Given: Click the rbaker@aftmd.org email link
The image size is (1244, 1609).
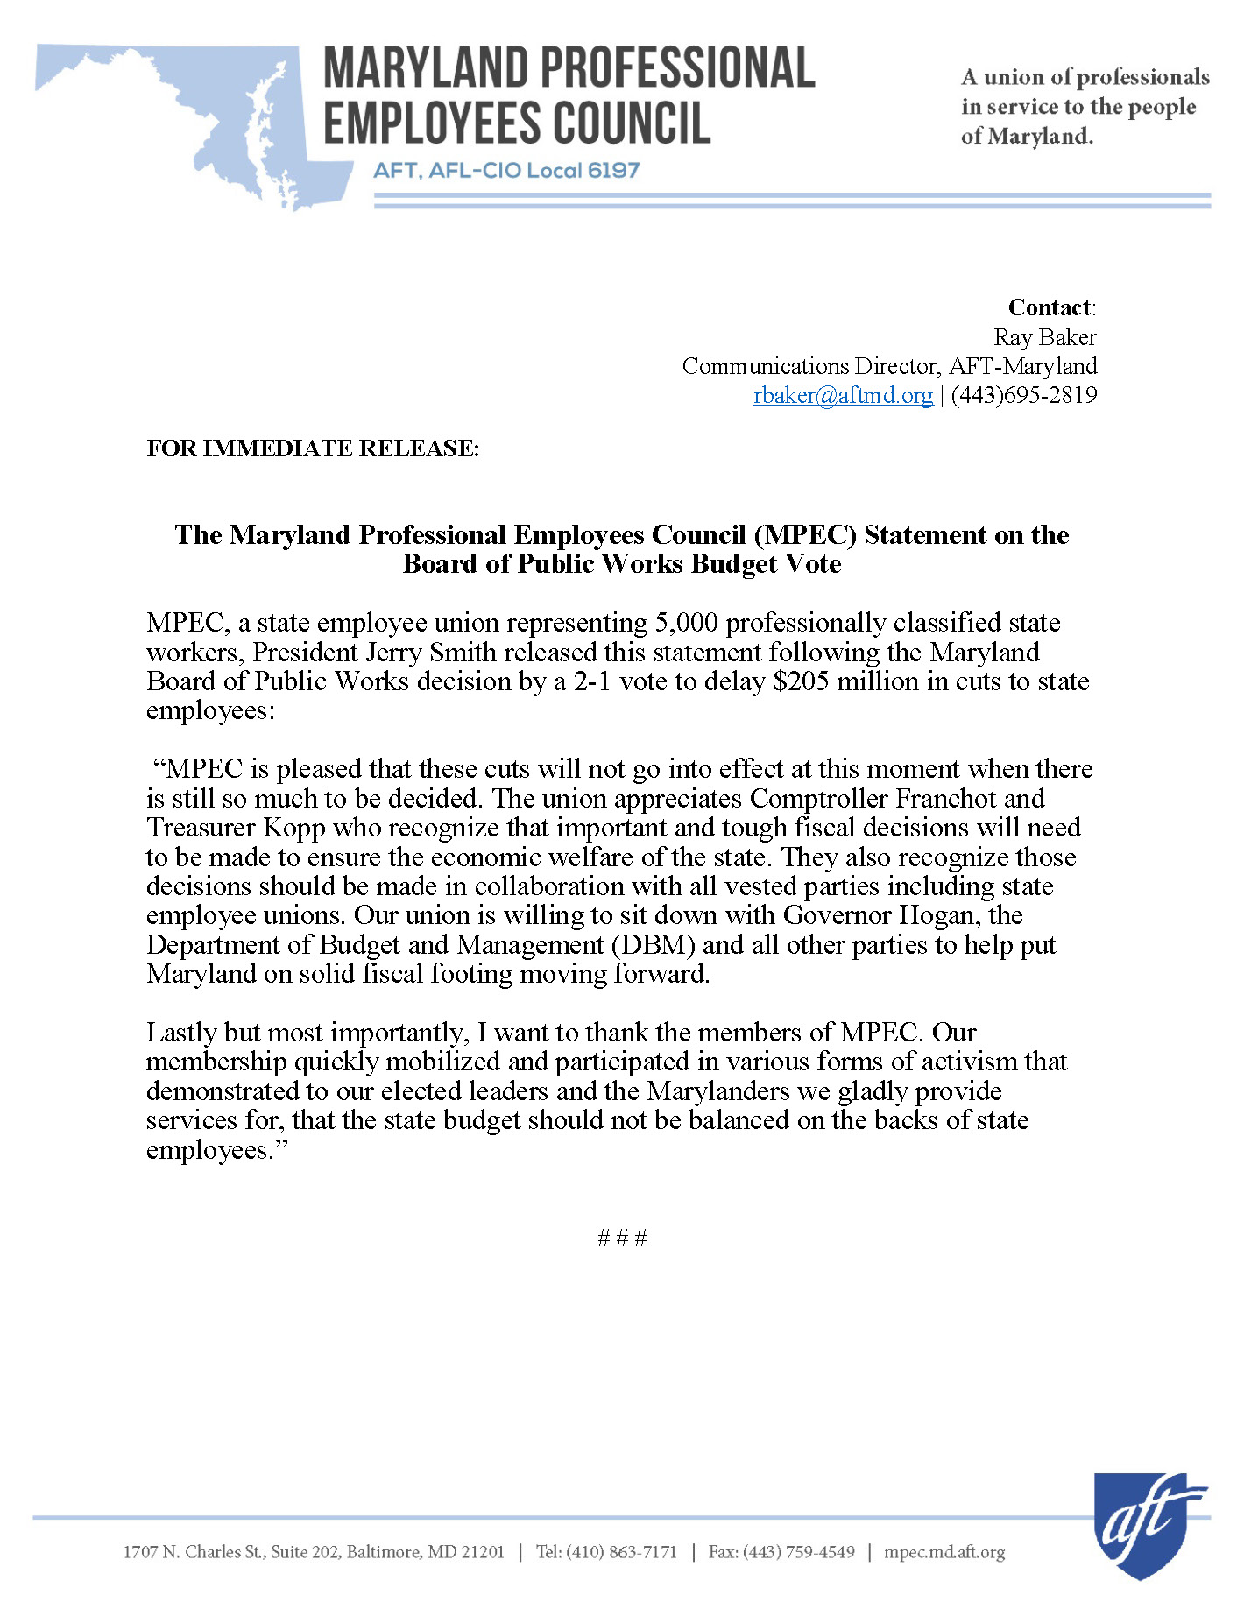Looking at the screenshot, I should click(x=843, y=395).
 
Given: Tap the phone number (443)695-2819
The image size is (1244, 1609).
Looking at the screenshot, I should click(x=1024, y=395).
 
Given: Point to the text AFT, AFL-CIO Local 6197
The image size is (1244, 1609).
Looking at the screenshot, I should click(x=506, y=170).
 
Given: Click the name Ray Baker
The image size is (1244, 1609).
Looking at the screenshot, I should click(x=1044, y=337).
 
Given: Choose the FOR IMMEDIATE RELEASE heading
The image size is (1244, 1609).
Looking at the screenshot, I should click(x=313, y=448).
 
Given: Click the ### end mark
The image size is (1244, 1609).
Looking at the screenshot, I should click(x=622, y=1238).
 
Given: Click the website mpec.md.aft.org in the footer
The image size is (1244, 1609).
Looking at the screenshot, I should click(x=944, y=1552).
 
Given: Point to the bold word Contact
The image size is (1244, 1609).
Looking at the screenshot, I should click(x=1050, y=307).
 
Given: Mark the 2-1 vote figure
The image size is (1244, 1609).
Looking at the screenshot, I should click(x=592, y=681).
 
